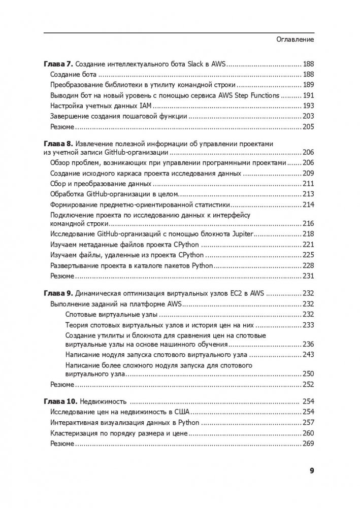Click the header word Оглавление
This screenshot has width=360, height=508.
295,40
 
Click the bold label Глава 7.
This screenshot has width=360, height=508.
57,64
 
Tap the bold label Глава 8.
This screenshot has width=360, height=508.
57,144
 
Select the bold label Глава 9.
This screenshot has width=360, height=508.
57,293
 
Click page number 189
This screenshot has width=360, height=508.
308,85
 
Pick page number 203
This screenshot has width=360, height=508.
308,116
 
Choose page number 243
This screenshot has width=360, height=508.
308,354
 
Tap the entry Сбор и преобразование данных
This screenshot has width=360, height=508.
101,183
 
